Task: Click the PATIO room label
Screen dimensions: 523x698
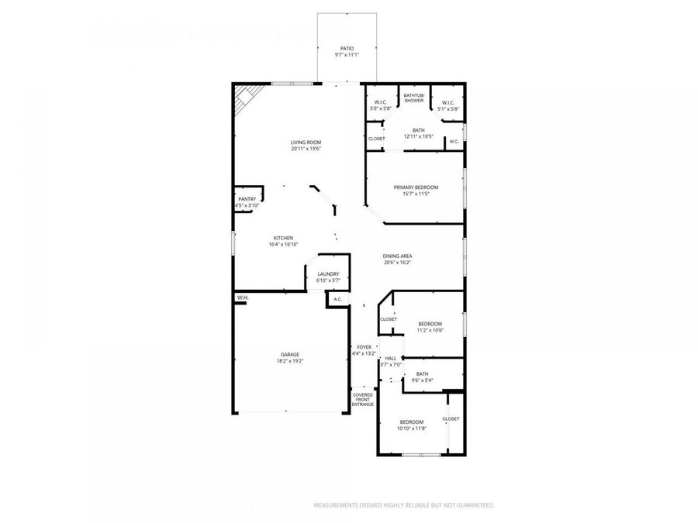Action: (347, 48)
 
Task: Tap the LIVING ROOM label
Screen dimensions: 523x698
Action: (306, 143)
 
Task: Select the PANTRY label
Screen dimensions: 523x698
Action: (247, 199)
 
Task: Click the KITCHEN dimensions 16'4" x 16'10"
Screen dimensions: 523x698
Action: (283, 244)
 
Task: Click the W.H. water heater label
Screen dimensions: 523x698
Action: (242, 298)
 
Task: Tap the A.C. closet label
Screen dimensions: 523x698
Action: (337, 299)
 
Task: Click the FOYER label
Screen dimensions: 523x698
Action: (364, 347)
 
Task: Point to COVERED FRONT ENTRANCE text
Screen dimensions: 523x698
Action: (363, 400)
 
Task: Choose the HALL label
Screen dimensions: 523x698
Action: (390, 358)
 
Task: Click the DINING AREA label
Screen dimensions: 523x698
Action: (396, 256)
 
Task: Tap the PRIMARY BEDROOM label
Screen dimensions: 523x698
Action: (416, 188)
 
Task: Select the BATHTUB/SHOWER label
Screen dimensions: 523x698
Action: (413, 98)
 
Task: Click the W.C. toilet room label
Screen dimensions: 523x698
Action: (454, 141)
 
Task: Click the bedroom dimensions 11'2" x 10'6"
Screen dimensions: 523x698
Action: (430, 330)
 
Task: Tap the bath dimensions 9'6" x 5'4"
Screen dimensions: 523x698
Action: (422, 380)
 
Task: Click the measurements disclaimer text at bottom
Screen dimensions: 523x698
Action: (403, 505)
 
